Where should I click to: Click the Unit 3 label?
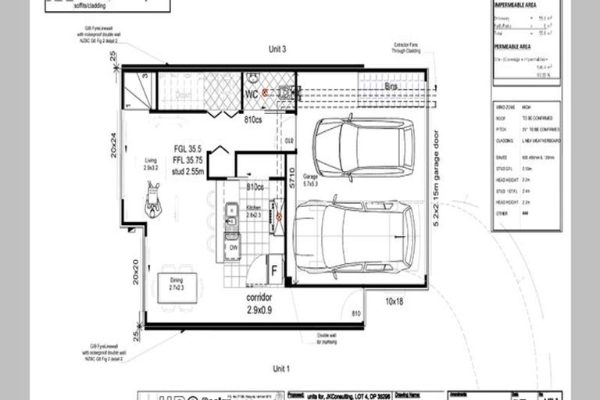(279, 49)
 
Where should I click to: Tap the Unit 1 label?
(281, 368)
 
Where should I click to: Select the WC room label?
(252, 94)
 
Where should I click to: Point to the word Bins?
(391, 87)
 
